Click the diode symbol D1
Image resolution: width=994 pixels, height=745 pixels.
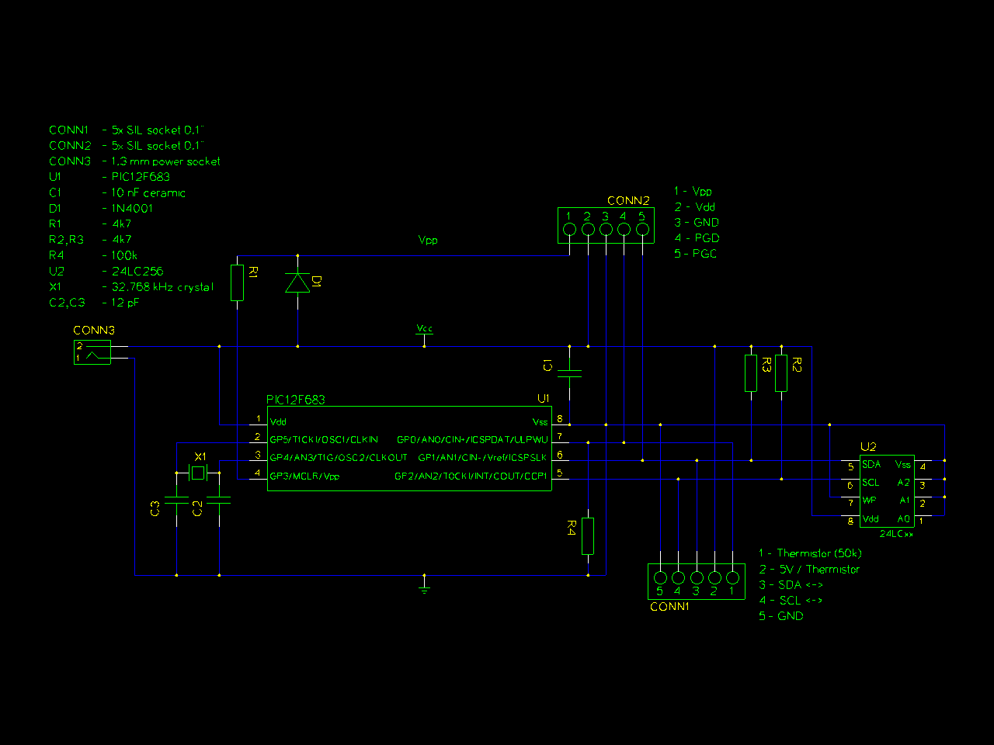click(x=297, y=283)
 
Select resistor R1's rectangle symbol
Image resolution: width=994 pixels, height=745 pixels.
click(x=238, y=282)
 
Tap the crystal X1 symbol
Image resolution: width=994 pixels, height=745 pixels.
click(x=198, y=473)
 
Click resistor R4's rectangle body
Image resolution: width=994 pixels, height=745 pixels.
click(x=588, y=536)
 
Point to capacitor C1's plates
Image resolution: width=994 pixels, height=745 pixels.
click(x=569, y=373)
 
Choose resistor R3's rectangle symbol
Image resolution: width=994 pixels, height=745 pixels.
click(x=751, y=373)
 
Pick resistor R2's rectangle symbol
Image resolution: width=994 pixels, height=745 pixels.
click(x=781, y=373)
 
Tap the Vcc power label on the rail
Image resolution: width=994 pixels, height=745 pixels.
click(x=424, y=329)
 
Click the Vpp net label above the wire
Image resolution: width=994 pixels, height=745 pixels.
click(x=428, y=240)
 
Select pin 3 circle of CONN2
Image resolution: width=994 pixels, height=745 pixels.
click(x=606, y=229)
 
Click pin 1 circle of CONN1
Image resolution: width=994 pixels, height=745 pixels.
click(x=732, y=577)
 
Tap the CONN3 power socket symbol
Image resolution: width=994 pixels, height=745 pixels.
click(x=92, y=352)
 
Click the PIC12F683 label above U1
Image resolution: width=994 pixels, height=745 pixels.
click(x=296, y=400)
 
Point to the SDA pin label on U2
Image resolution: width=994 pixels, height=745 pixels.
click(x=871, y=464)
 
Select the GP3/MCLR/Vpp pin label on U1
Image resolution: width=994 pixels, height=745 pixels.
click(x=304, y=476)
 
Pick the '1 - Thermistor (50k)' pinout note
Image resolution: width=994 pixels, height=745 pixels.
click(x=811, y=553)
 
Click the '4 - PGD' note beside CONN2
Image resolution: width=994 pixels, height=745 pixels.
click(x=697, y=238)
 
